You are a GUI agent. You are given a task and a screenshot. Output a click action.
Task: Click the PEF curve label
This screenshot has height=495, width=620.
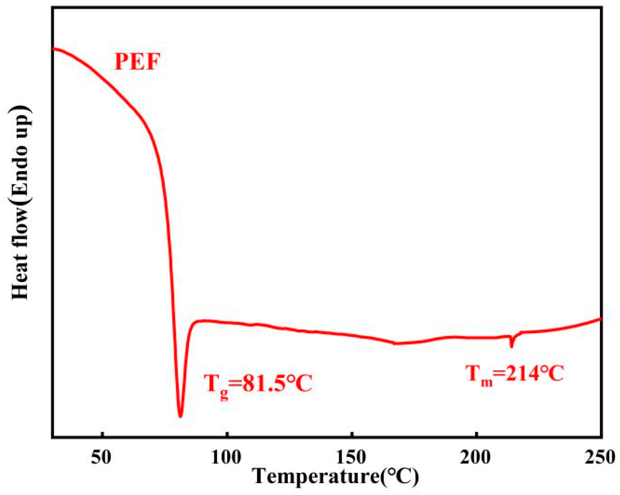[x=137, y=62]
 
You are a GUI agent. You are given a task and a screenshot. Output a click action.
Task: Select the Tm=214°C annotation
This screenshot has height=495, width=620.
[x=514, y=374]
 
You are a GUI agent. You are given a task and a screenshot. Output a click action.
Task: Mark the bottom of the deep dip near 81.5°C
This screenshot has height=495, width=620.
[x=180, y=416]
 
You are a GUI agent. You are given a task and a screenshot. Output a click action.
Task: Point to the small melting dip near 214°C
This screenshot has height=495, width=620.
[x=512, y=347]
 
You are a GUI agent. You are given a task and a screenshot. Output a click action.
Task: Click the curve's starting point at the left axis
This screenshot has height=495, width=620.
[x=53, y=48]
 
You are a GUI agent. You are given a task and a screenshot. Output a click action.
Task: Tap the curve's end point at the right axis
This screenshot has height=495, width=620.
[x=601, y=319]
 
